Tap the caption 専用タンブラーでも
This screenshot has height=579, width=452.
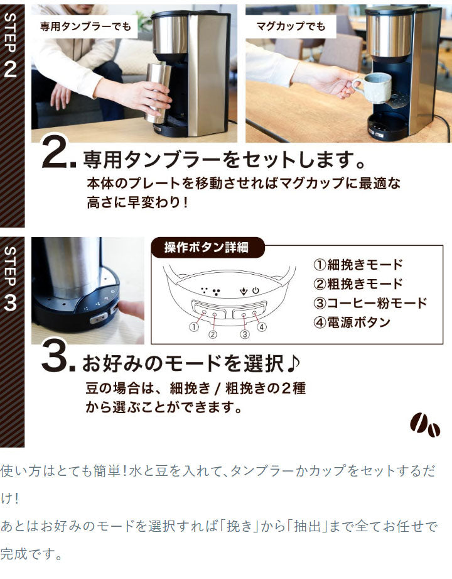click(x=85, y=26)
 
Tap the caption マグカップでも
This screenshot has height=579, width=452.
click(x=291, y=26)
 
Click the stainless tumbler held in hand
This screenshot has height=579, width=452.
click(x=157, y=92)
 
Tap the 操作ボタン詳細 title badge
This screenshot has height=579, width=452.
click(x=207, y=248)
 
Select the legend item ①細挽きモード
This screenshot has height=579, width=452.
click(x=357, y=265)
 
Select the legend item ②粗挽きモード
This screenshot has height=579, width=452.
click(x=357, y=284)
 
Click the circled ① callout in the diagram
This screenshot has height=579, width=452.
click(x=193, y=327)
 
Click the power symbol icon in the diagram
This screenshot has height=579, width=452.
click(x=255, y=291)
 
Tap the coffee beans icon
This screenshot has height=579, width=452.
click(x=425, y=426)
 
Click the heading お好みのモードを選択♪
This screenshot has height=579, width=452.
click(x=192, y=363)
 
